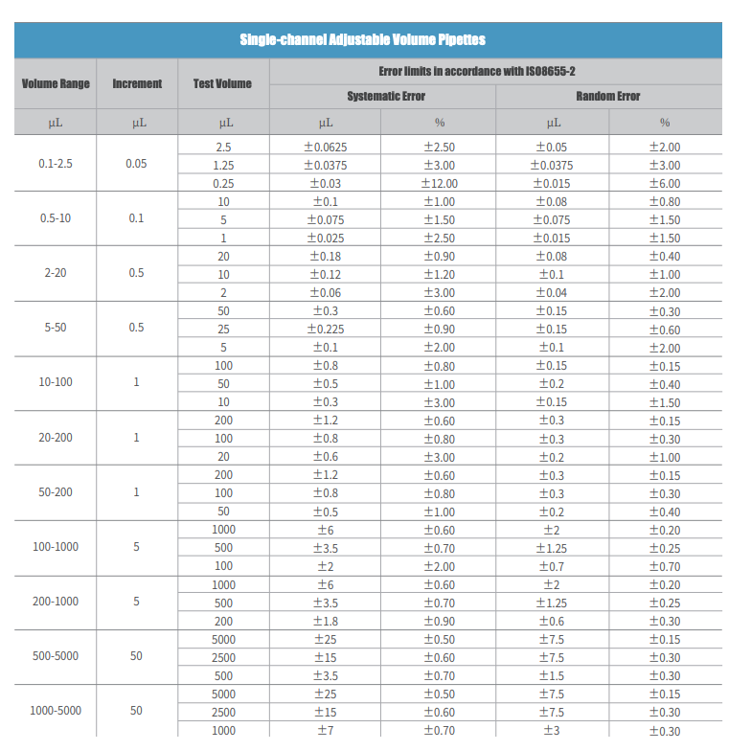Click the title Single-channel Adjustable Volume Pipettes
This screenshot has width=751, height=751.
[362, 40]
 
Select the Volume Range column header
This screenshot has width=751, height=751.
[56, 84]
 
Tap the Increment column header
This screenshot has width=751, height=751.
[137, 84]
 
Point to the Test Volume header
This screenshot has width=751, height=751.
[222, 84]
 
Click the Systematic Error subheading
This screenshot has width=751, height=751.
[386, 97]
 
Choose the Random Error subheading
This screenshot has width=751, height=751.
[607, 97]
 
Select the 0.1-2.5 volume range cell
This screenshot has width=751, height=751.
[56, 164]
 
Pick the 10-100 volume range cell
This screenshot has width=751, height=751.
[56, 382]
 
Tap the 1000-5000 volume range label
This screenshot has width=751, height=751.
[56, 711]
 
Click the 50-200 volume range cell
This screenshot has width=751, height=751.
[56, 492]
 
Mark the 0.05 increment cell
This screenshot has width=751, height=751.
[137, 164]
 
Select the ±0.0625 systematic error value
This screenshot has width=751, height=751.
[326, 148]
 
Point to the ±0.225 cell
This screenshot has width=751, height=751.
[326, 330]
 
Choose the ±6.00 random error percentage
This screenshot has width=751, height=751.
[664, 184]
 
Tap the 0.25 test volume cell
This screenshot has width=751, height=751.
[223, 184]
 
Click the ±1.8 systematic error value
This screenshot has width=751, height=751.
[326, 621]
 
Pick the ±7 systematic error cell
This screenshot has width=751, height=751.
[326, 731]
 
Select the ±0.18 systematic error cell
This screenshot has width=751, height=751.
[326, 257]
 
